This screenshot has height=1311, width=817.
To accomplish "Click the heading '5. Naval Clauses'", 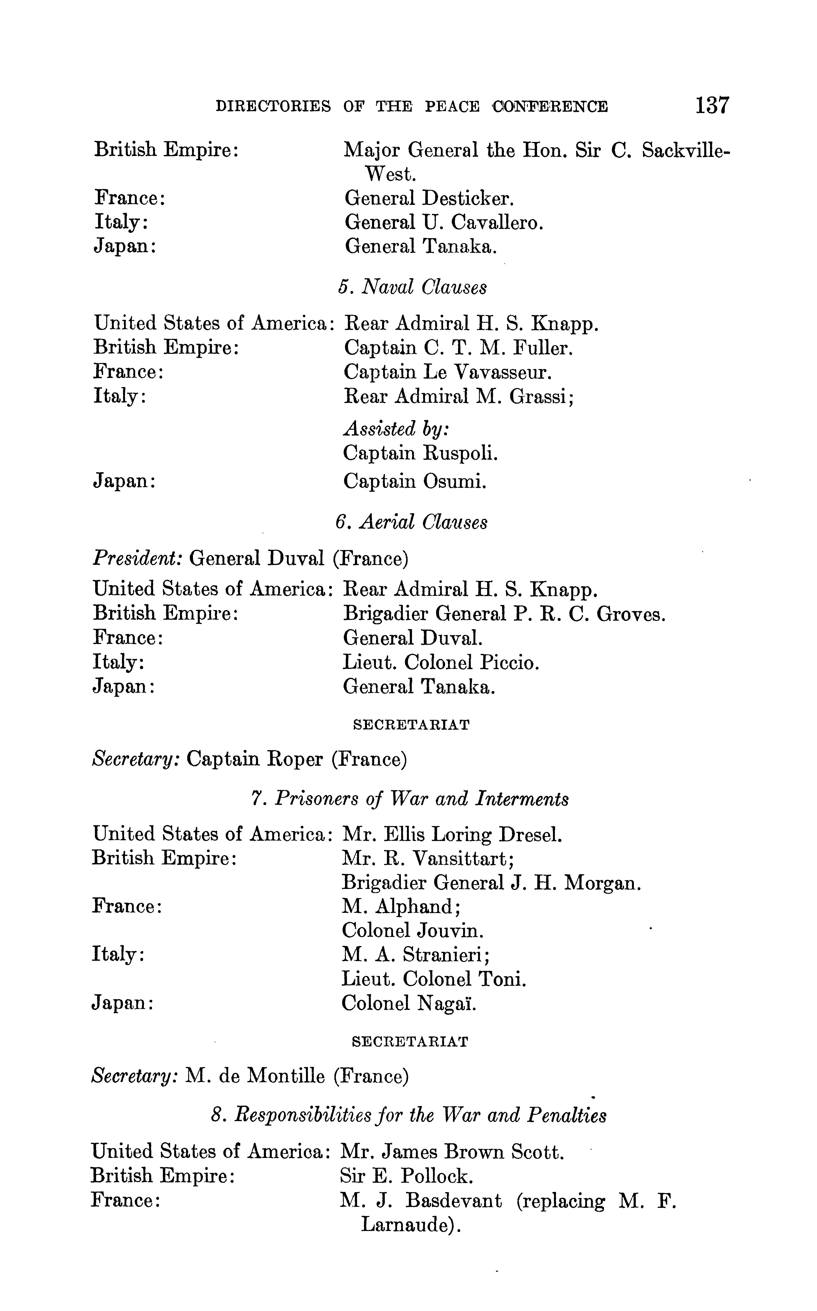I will [x=412, y=287].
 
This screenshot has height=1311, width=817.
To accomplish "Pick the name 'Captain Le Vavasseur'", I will [x=448, y=372].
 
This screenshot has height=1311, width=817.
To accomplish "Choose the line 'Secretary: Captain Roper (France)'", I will [x=250, y=760].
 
